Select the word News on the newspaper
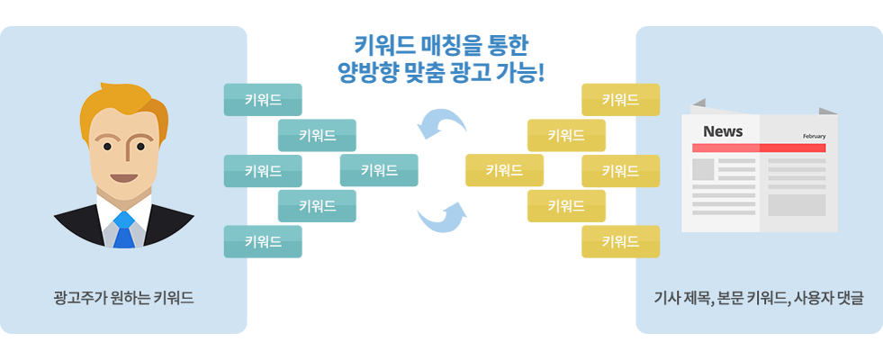point(723,131)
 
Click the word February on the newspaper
point(814,136)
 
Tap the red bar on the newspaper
point(759,148)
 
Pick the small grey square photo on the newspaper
point(703,170)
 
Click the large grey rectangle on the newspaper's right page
point(797,205)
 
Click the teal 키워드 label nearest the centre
point(379,170)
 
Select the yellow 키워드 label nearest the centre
point(504,170)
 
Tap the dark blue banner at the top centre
point(441,58)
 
